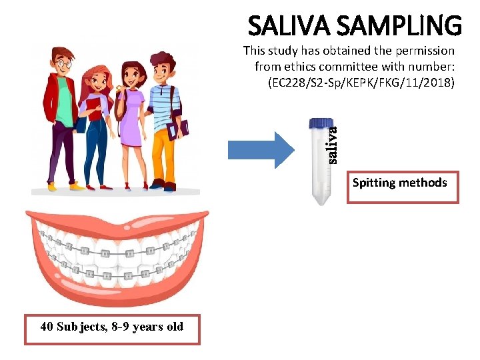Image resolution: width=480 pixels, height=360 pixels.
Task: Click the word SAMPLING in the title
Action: click(399, 26)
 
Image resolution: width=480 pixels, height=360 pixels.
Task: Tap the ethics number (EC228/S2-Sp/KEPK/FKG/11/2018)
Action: click(361, 83)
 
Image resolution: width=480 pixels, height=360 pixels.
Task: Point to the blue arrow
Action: click(260, 150)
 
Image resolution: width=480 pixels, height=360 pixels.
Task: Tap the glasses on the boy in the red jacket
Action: click(63, 64)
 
